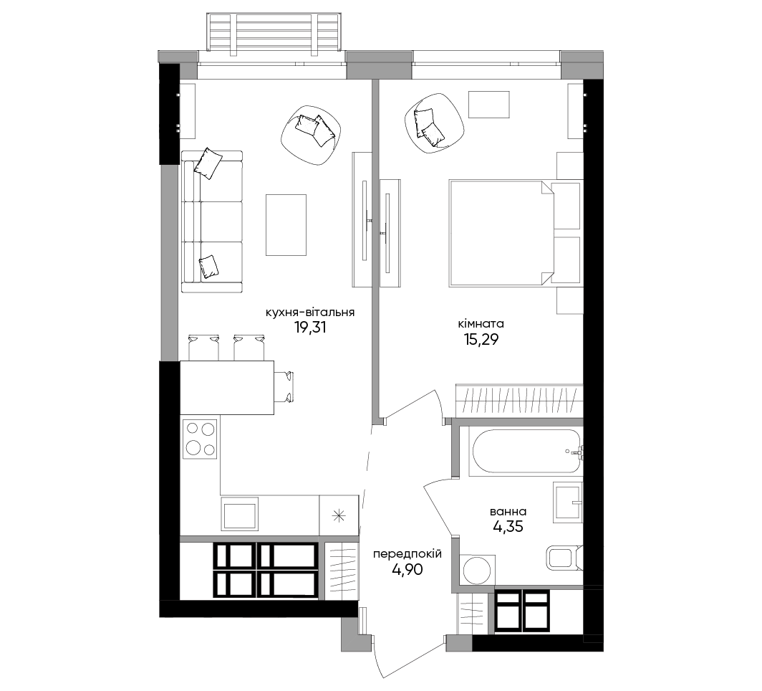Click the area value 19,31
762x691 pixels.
[310, 328]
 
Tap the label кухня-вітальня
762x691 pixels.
[310, 313]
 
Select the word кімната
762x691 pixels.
[481, 324]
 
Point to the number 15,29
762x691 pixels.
[481, 340]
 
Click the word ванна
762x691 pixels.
[508, 512]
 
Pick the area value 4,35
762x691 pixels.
[508, 527]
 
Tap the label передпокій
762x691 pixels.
[407, 554]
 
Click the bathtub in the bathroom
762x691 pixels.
[526, 451]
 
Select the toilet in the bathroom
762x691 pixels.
[564, 557]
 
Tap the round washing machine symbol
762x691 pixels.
[477, 571]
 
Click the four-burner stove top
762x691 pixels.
[200, 439]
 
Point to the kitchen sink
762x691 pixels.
[239, 514]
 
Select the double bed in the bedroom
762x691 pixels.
[501, 233]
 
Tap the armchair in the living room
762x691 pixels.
[312, 135]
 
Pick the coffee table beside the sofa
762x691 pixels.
[286, 224]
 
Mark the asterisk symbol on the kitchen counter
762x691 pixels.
[339, 515]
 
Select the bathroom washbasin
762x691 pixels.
[568, 502]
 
